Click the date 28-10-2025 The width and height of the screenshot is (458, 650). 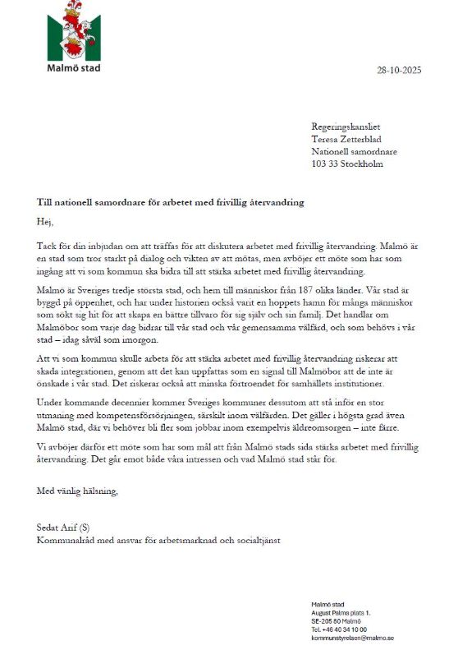click(398, 70)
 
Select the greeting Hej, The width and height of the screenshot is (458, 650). click(45, 221)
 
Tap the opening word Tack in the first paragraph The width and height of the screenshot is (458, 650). click(47, 246)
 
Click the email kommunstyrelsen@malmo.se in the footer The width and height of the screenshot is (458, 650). click(352, 638)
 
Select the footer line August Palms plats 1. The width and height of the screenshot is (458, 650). click(341, 613)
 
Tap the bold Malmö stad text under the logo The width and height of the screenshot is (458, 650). click(73, 67)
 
